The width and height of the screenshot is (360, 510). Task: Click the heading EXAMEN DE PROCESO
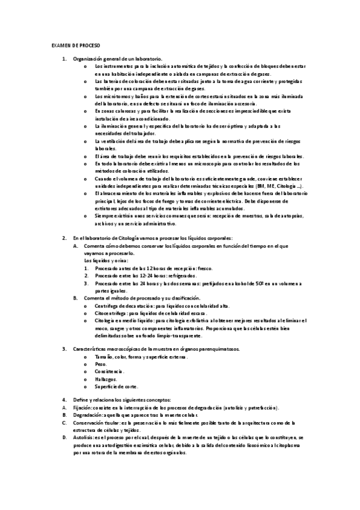tap(76, 46)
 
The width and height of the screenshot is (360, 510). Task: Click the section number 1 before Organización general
tap(65, 59)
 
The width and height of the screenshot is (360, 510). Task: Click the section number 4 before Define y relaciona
tap(65, 400)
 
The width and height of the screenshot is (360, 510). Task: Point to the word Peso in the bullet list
tap(100, 364)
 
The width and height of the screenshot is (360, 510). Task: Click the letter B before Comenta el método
tap(75, 298)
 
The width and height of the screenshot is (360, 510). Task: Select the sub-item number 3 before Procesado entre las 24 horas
tap(86, 283)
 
